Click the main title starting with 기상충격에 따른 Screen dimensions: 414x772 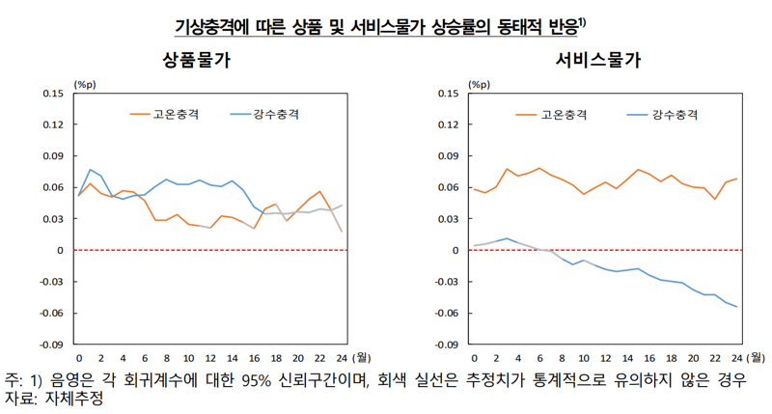[385, 23]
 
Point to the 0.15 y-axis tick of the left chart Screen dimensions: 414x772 [53, 94]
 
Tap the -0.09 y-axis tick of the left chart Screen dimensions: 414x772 [51, 344]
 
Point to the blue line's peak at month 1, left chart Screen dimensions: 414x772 [91, 170]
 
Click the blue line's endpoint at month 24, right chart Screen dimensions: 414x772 [735, 307]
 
